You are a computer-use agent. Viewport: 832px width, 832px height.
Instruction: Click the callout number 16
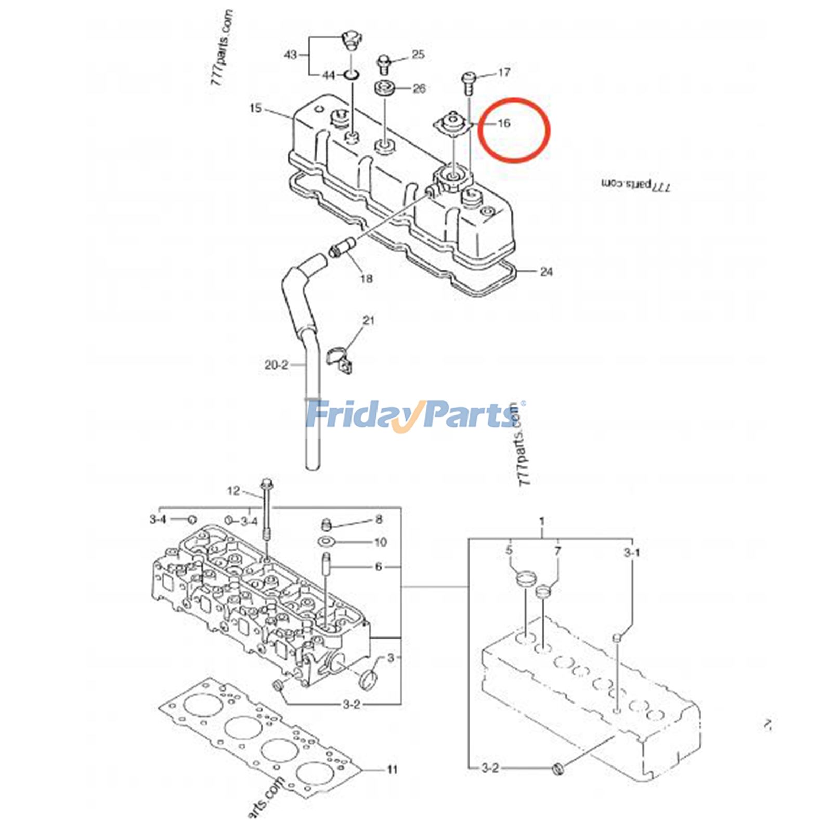(503, 123)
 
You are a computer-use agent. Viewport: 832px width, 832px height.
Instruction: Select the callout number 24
(546, 271)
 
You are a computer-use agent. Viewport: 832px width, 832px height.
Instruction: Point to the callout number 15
(255, 109)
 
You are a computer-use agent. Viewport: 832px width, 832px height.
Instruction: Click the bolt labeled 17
(467, 81)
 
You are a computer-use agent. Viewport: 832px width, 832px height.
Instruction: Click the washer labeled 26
(385, 88)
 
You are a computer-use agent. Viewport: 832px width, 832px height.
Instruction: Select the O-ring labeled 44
(352, 75)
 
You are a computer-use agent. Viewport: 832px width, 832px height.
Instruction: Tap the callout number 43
(290, 54)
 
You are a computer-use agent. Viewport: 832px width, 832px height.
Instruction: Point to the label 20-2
(276, 365)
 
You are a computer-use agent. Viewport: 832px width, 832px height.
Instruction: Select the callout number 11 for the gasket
(392, 769)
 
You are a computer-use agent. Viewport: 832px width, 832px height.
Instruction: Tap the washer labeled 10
(326, 542)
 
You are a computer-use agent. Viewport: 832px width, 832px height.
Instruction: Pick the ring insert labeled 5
(526, 578)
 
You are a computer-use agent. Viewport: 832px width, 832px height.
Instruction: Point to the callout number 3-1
(632, 552)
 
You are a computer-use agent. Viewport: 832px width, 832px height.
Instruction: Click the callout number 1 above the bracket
(542, 521)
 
